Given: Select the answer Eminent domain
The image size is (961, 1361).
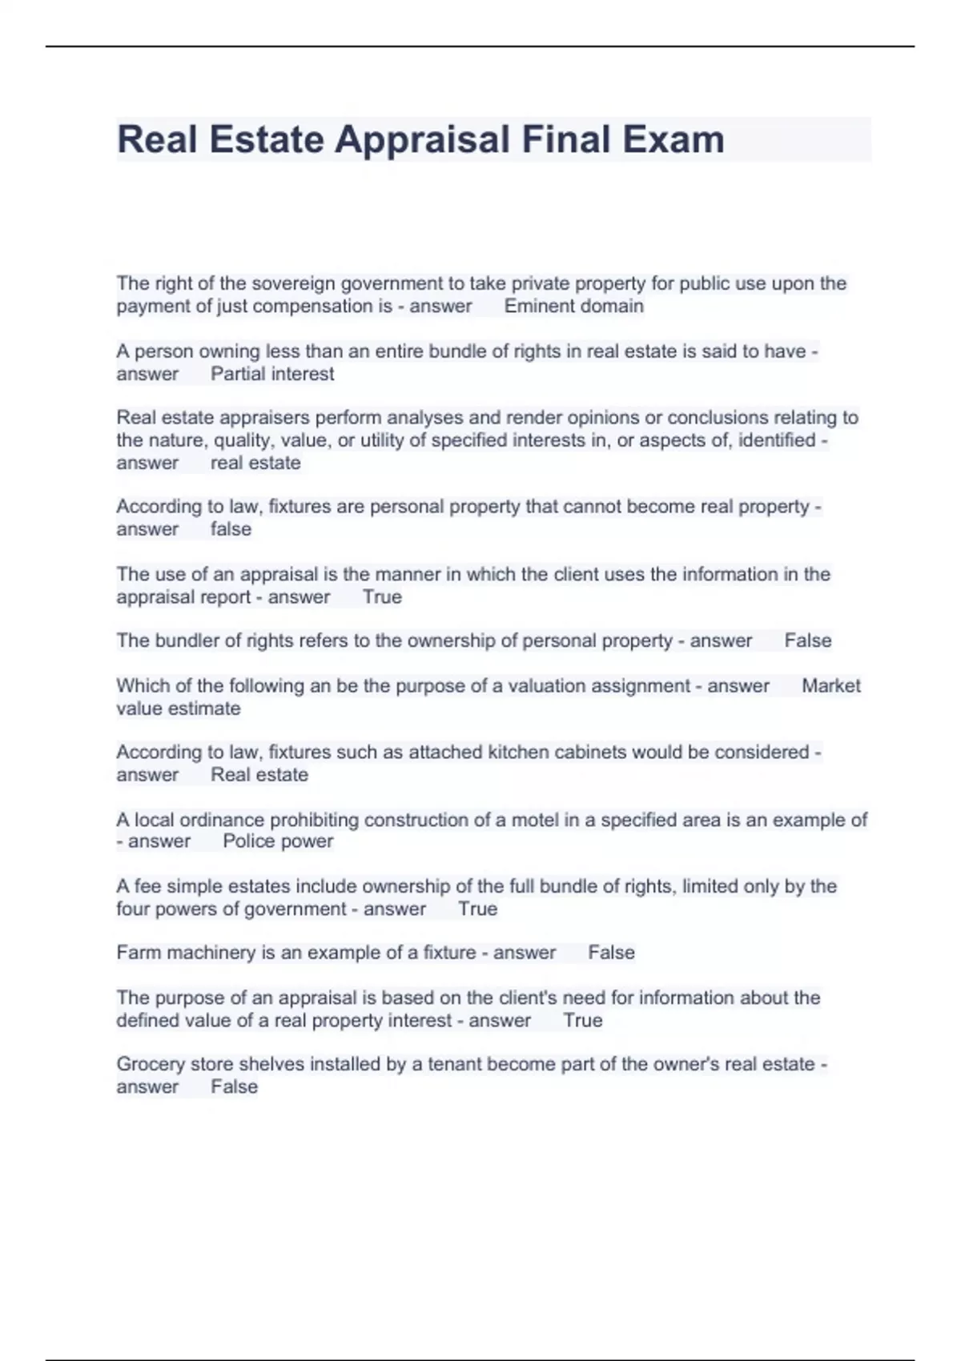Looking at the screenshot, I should click(x=573, y=306).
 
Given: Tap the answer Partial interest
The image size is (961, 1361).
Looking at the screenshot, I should click(x=272, y=374).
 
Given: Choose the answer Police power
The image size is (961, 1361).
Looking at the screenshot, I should click(x=278, y=841).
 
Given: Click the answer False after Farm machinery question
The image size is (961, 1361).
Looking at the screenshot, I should click(x=611, y=953).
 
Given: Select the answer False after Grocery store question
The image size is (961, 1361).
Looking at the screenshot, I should click(x=234, y=1086).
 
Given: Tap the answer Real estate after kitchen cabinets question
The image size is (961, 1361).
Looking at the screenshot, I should click(x=259, y=775).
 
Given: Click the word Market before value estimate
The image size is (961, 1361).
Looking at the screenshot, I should click(x=830, y=686).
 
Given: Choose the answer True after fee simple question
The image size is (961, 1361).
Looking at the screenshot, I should click(x=477, y=909).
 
